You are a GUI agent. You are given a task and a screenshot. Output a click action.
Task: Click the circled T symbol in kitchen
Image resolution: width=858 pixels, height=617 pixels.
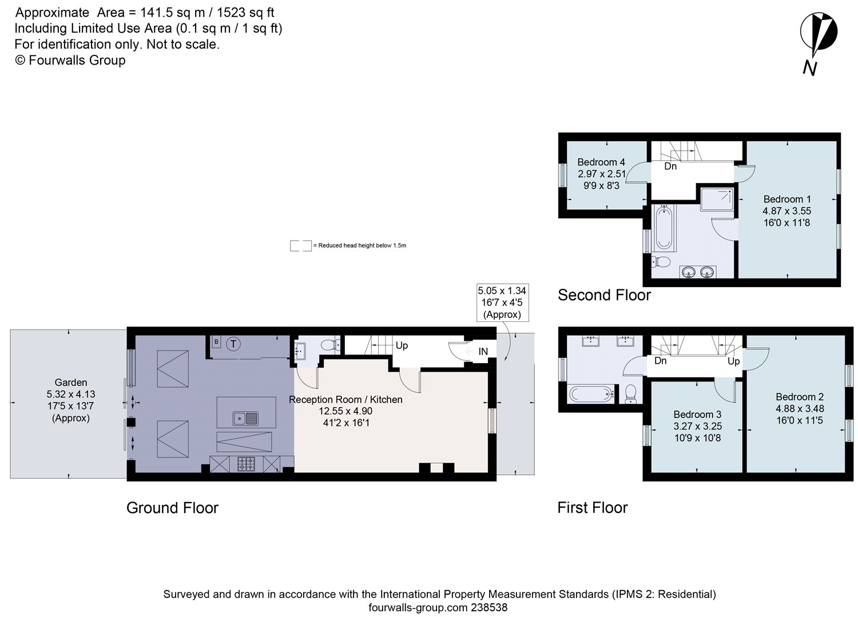click(233, 344)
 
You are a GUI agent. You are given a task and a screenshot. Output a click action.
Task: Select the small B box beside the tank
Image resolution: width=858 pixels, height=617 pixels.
click(216, 342)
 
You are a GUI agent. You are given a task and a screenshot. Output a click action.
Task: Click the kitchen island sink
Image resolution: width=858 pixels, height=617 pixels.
click(246, 419)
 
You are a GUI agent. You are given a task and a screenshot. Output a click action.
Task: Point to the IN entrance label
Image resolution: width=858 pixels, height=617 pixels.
click(483, 351)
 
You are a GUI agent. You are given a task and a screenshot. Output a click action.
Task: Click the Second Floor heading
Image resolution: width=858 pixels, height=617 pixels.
click(604, 295)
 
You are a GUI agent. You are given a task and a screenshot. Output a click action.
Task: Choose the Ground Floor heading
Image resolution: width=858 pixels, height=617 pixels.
click(172, 508)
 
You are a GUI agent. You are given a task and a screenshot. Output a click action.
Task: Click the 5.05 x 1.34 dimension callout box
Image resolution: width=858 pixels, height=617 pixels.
click(502, 302)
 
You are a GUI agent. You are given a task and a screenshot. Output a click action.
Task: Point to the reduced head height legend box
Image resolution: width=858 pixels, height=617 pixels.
click(300, 246)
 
